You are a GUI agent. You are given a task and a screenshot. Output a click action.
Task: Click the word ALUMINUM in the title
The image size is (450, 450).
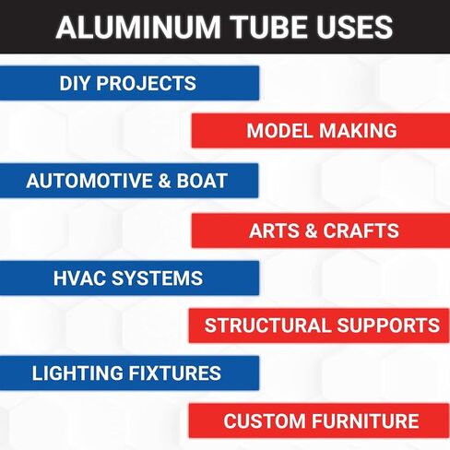[138, 27]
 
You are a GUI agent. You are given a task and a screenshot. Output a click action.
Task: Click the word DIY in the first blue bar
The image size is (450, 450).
[75, 83]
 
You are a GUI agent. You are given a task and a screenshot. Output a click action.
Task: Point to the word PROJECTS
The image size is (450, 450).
[147, 83]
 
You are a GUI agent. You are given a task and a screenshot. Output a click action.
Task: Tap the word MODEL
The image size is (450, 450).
[279, 130]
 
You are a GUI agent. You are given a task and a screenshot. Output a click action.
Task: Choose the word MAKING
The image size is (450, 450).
[358, 130]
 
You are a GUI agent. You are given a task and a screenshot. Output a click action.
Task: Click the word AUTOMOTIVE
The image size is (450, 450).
[89, 181]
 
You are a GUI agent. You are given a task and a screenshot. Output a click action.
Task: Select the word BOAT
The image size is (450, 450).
[202, 181]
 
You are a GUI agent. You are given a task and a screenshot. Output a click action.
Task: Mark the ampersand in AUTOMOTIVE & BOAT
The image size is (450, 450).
[165, 181]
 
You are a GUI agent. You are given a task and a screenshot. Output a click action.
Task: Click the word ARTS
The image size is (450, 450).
[274, 231]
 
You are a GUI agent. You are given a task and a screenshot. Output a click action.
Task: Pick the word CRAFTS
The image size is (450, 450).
[361, 231]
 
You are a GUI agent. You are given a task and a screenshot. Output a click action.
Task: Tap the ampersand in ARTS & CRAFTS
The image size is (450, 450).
[312, 231]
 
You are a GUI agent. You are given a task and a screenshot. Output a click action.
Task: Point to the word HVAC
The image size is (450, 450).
[79, 278]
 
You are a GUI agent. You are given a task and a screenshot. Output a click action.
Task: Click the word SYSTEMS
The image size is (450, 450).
[157, 278]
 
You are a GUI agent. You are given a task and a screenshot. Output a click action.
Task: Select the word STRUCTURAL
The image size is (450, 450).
[267, 326]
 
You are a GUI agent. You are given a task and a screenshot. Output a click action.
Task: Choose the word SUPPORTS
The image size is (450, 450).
[388, 326]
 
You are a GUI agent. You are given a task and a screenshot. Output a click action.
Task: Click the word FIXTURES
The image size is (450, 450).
[175, 373]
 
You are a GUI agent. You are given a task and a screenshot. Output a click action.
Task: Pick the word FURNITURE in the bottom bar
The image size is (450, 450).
[366, 420]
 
